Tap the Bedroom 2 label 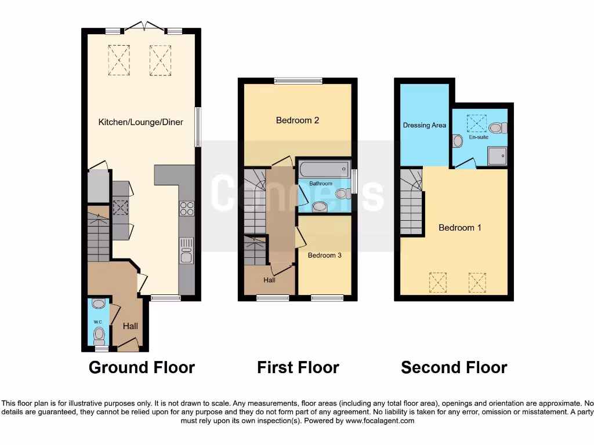pyautogui.click(x=298, y=121)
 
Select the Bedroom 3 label pyautogui.click(x=324, y=256)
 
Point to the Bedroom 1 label pyautogui.click(x=460, y=228)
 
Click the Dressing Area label pyautogui.click(x=425, y=125)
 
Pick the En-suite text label pyautogui.click(x=479, y=137)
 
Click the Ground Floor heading pyautogui.click(x=142, y=367)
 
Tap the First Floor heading pyautogui.click(x=298, y=367)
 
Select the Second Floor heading pyautogui.click(x=454, y=367)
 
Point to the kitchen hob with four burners pyautogui.click(x=187, y=208)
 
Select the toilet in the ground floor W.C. pyautogui.click(x=99, y=334)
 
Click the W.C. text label pyautogui.click(x=97, y=322)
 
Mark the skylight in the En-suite pyautogui.click(x=477, y=122)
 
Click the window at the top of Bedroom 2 pyautogui.click(x=298, y=81)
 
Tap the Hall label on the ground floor pyautogui.click(x=131, y=327)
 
